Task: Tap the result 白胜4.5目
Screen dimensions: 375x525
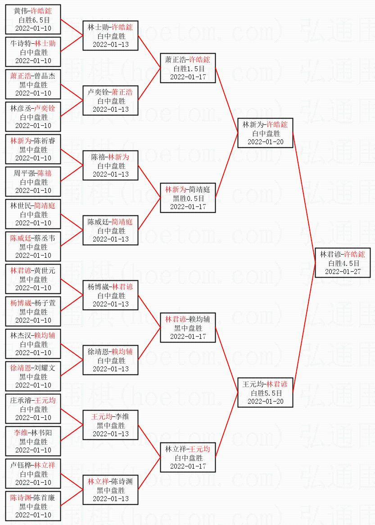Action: pyautogui.click(x=344, y=263)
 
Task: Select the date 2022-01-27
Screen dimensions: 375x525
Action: pyautogui.click(x=343, y=271)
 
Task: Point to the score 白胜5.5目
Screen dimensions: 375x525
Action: pyautogui.click(x=266, y=393)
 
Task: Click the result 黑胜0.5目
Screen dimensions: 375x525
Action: pyautogui.click(x=188, y=198)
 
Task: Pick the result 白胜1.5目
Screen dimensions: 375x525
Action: pyautogui.click(x=188, y=68)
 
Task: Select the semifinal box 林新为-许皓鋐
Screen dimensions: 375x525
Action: pyautogui.click(x=265, y=133)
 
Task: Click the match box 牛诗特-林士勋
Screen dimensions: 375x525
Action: pyautogui.click(x=33, y=52)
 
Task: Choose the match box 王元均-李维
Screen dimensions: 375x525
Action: pyautogui.click(x=110, y=425)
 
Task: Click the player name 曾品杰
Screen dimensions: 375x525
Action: pyautogui.click(x=45, y=76)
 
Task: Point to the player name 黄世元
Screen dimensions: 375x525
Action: pyautogui.click(x=45, y=271)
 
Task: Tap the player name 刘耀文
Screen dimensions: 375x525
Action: pyautogui.click(x=45, y=368)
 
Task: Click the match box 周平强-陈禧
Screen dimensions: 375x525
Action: pyautogui.click(x=33, y=182)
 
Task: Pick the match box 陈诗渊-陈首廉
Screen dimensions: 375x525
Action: pyautogui.click(x=33, y=506)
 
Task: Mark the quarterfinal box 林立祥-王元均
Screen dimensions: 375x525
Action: pyautogui.click(x=188, y=457)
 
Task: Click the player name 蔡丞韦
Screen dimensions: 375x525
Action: pyautogui.click(x=45, y=238)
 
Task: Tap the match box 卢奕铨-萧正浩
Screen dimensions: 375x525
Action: pyautogui.click(x=110, y=100)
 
